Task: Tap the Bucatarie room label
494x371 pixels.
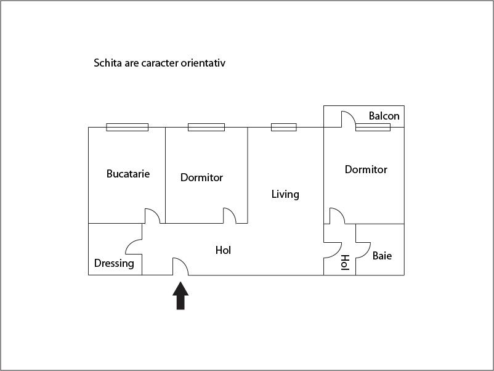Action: (x=128, y=174)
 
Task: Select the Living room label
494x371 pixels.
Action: (x=285, y=194)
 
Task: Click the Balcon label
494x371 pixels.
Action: (x=384, y=116)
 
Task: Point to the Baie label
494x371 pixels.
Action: (x=382, y=256)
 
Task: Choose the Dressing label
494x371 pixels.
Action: (x=114, y=264)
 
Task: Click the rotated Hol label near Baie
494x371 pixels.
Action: (x=345, y=263)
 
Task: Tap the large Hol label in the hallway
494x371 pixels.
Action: (x=223, y=250)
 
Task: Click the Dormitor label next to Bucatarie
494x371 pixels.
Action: (x=201, y=177)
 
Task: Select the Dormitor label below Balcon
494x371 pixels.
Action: (x=366, y=169)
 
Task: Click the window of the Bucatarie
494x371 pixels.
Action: (x=127, y=127)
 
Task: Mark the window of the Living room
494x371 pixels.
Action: (x=283, y=127)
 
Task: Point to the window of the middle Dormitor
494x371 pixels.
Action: (x=206, y=127)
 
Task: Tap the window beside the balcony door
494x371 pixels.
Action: (x=373, y=127)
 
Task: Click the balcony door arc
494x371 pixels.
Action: (x=347, y=118)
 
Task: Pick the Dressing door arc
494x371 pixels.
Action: (x=133, y=247)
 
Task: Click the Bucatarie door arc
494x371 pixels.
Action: (x=153, y=215)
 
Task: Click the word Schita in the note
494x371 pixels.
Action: (x=107, y=63)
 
